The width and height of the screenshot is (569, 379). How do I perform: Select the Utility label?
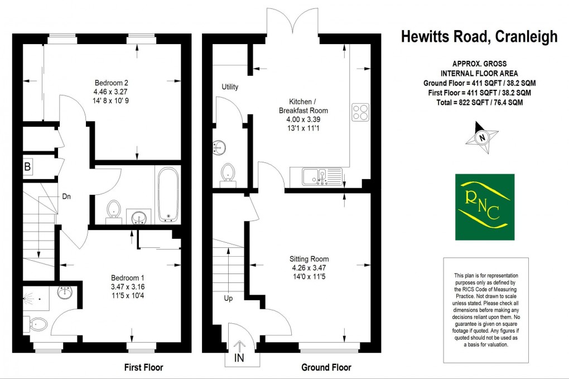pyautogui.click(x=230, y=87)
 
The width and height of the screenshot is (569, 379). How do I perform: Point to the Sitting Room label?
pyautogui.click(x=308, y=259)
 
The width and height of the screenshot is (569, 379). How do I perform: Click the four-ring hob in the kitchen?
pyautogui.click(x=360, y=112)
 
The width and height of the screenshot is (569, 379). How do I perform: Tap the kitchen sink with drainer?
pyautogui.click(x=321, y=177)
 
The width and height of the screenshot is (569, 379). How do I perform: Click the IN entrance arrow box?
pyautogui.click(x=239, y=352)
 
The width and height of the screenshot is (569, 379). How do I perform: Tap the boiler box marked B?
pyautogui.click(x=27, y=167)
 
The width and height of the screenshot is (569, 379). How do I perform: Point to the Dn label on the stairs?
pyautogui.click(x=66, y=196)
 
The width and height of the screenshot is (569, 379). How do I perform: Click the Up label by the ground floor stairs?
pyautogui.click(x=228, y=298)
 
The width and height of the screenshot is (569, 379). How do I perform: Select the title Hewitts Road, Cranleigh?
pyautogui.click(x=479, y=37)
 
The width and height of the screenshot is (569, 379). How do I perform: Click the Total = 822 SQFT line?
pyautogui.click(x=479, y=103)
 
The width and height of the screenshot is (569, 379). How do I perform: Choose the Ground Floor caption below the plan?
pyautogui.click(x=326, y=367)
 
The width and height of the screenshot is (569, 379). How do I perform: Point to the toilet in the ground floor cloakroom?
pyautogui.click(x=228, y=172)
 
